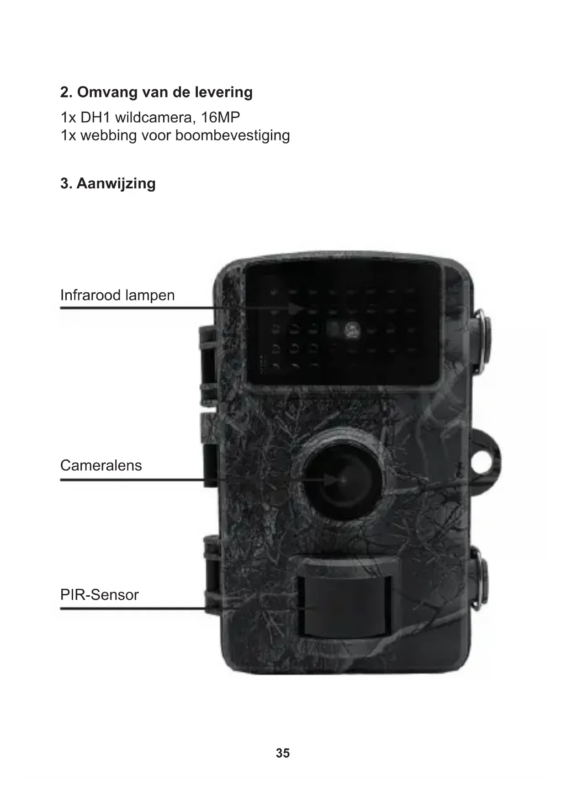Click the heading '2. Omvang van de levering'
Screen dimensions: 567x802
point(156,92)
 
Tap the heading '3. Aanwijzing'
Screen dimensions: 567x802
point(108,183)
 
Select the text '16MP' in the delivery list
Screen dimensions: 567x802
point(221,118)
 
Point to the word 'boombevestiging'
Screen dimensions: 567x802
point(233,135)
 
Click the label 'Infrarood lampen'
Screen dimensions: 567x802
point(117,295)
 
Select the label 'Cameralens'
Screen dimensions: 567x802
point(101,465)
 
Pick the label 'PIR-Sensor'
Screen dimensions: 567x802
point(99,595)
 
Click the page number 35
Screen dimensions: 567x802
point(283,753)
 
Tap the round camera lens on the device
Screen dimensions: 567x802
point(343,480)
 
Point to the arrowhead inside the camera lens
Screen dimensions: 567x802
point(331,480)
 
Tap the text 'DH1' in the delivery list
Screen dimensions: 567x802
point(95,118)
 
